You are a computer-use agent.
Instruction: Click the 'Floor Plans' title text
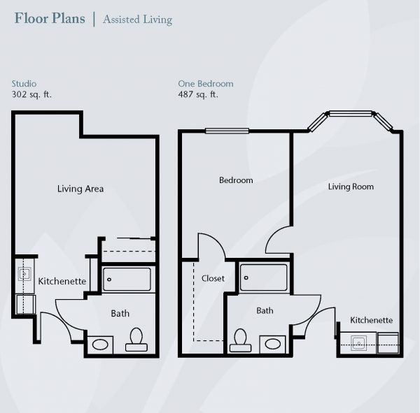pyautogui.click(x=50, y=18)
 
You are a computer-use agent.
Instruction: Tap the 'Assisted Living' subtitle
pyautogui.click(x=137, y=20)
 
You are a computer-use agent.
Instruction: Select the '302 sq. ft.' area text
pyautogui.click(x=31, y=94)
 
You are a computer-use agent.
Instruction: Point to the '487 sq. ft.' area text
pyautogui.click(x=198, y=94)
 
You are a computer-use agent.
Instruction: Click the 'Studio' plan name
pyautogui.click(x=24, y=84)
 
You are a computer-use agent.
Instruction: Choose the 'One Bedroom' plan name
pyautogui.click(x=206, y=84)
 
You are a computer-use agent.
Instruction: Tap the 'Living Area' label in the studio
pyautogui.click(x=80, y=189)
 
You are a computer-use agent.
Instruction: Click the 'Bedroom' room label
pyautogui.click(x=236, y=180)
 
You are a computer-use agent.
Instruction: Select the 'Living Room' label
pyautogui.click(x=351, y=187)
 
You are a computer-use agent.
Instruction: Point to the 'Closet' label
pyautogui.click(x=213, y=278)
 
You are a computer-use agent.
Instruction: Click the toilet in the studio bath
pyautogui.click(x=136, y=340)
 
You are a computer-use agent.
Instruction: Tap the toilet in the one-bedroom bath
pyautogui.click(x=240, y=340)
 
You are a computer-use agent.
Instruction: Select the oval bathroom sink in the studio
pyautogui.click(x=100, y=345)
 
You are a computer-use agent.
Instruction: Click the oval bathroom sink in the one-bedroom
pyautogui.click(x=273, y=344)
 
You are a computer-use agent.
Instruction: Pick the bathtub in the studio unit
pyautogui.click(x=127, y=279)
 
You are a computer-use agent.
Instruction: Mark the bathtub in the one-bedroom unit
pyautogui.click(x=264, y=277)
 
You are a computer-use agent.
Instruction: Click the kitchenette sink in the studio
pyautogui.click(x=24, y=274)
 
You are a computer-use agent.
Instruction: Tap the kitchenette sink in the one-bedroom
pyautogui.click(x=358, y=343)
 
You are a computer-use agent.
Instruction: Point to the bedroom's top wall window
pyautogui.click(x=227, y=131)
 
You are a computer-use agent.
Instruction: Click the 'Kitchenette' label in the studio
pyautogui.click(x=62, y=281)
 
